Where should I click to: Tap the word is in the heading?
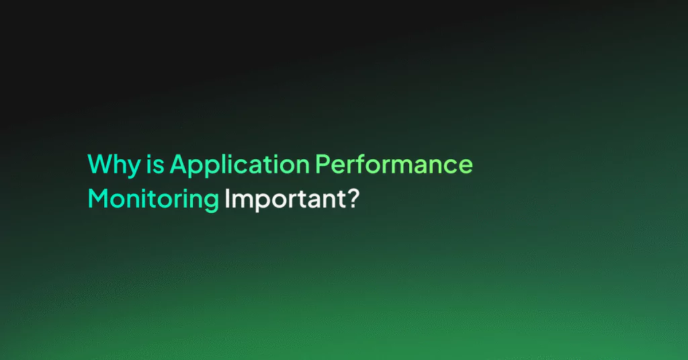pos(155,164)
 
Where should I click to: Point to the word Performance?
pos(394,164)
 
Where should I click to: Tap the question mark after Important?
pos(353,198)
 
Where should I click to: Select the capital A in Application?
pos(179,164)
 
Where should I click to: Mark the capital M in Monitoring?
pos(98,198)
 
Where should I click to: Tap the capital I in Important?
pos(226,198)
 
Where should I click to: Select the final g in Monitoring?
pos(212,204)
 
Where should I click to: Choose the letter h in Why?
pos(121,164)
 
